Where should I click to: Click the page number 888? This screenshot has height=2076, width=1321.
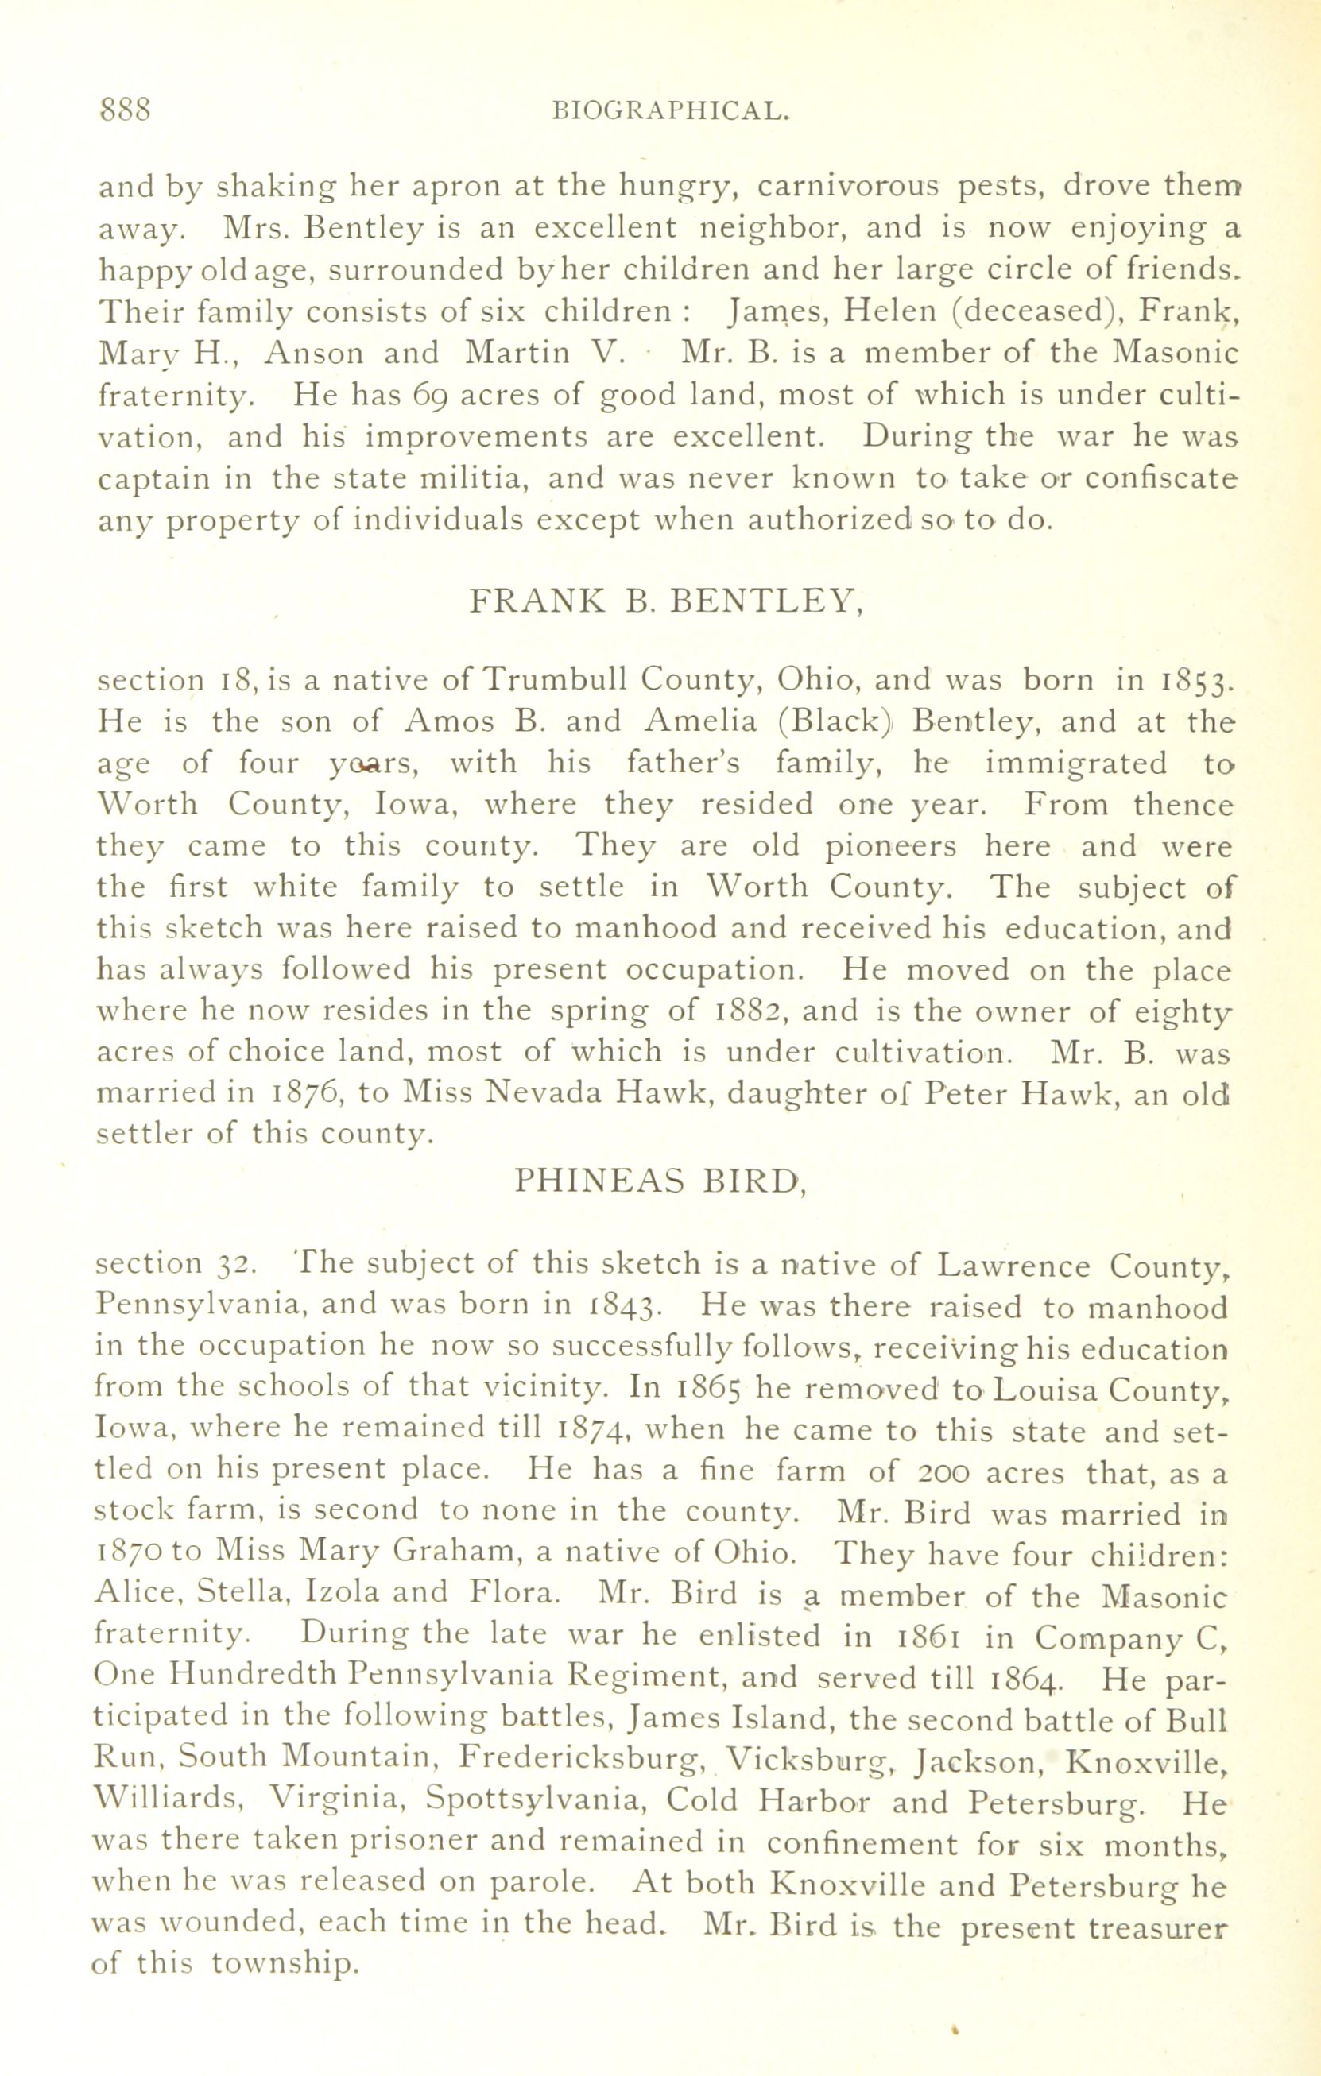pyautogui.click(x=126, y=110)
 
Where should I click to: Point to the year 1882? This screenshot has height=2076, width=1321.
pyautogui.click(x=749, y=1011)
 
